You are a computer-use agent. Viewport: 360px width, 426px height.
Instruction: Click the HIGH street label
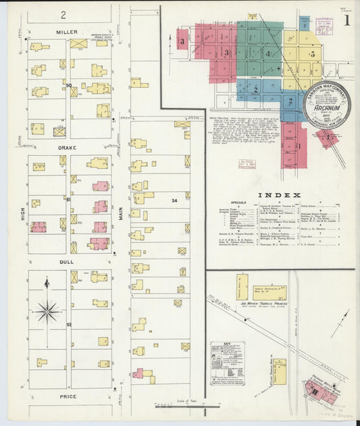tap(22, 214)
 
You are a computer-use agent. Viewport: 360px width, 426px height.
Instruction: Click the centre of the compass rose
tap(47, 311)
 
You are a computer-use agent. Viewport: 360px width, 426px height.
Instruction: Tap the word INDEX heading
tap(278, 196)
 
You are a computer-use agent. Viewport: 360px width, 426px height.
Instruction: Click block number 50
tap(69, 85)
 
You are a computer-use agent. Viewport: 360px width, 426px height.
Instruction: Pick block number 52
tap(69, 325)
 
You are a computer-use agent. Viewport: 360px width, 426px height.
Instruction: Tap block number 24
tap(174, 201)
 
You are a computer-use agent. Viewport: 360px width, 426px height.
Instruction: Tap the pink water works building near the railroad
tap(316, 388)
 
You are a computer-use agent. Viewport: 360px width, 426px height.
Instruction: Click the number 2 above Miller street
tap(63, 14)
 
